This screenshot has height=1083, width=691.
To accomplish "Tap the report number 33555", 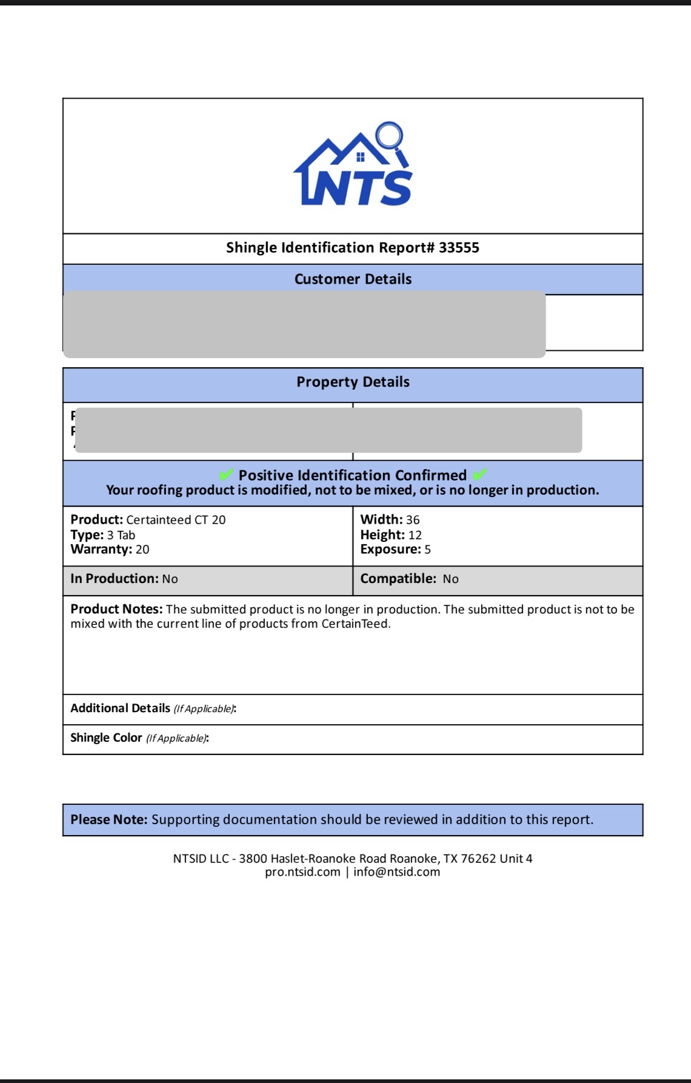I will (459, 248).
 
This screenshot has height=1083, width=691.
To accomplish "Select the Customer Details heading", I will (353, 279).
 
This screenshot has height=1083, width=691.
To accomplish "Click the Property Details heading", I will (353, 382).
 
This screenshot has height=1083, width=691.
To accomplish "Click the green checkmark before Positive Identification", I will (227, 475).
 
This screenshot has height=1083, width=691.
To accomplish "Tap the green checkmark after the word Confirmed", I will (479, 475).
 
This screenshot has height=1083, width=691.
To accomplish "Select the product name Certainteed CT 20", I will (176, 520).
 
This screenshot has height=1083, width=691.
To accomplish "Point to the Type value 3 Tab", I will (121, 535).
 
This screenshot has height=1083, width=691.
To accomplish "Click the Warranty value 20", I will (142, 550).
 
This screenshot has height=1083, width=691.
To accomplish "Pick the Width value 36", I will (413, 520).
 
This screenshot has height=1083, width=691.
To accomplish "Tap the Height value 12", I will (415, 535).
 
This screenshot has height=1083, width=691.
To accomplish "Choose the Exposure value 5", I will (427, 550).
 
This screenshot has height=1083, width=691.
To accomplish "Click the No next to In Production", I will (170, 579).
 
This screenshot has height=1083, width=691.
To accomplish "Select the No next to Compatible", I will (450, 579).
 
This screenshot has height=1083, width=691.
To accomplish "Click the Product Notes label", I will (116, 609).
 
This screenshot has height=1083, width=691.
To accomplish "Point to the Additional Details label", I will (121, 708).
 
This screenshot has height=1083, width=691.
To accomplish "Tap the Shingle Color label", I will (106, 738).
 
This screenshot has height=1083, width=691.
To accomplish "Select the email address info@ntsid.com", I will (396, 872).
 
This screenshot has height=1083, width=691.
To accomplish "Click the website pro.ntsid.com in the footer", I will (302, 872).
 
